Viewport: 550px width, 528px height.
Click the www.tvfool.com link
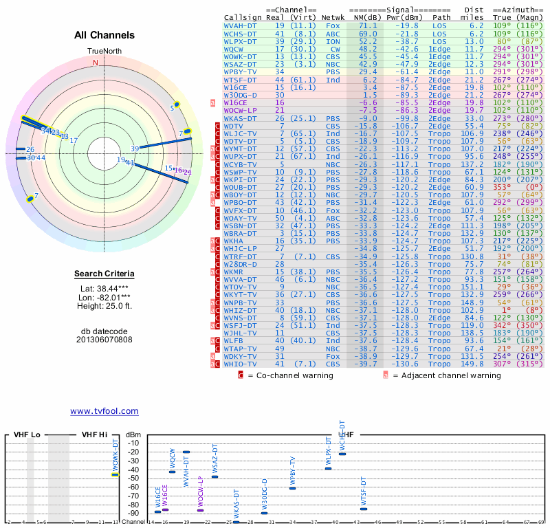pyautogui.click(x=104, y=411)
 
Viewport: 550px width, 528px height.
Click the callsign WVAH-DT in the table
pyautogui.click(x=241, y=25)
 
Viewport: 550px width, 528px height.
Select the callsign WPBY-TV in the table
pyautogui.click(x=241, y=71)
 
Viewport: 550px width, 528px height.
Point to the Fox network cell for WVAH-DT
pyautogui.click(x=333, y=25)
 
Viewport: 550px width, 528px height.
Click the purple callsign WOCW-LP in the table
pyautogui.click(x=241, y=110)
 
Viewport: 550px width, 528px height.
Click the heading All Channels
pyautogui.click(x=104, y=35)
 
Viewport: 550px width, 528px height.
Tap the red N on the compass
pyautogui.click(x=96, y=63)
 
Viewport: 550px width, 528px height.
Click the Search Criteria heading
pyautogui.click(x=104, y=274)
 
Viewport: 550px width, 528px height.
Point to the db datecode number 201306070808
pyautogui.click(x=104, y=339)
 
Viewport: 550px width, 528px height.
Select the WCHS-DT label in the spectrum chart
pyautogui.click(x=342, y=434)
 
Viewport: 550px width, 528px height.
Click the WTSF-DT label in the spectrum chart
pyautogui.click(x=364, y=492)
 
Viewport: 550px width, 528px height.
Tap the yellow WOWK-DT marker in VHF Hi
pyautogui.click(x=115, y=474)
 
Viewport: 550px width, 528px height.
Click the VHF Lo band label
pyautogui.click(x=27, y=434)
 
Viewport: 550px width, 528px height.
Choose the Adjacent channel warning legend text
pyautogui.click(x=446, y=375)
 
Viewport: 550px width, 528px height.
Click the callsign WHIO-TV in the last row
pyautogui.click(x=241, y=364)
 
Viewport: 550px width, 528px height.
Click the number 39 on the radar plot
pyautogui.click(x=135, y=148)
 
